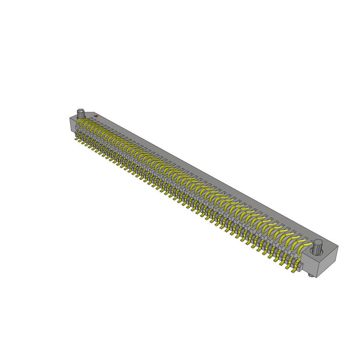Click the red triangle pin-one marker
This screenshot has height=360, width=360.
(96, 116)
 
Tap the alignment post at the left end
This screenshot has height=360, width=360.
(81, 114)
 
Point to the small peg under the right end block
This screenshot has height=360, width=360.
(310, 275)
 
